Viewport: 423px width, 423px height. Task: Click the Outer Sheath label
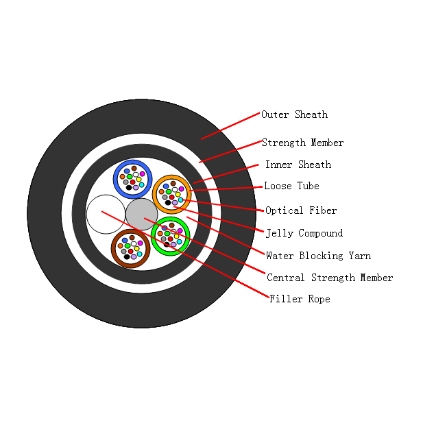pyautogui.click(x=295, y=114)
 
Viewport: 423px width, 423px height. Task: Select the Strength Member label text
pyautogui.click(x=303, y=143)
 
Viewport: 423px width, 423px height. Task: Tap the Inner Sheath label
pyautogui.click(x=298, y=165)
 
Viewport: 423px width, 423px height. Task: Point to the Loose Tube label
pyautogui.click(x=291, y=186)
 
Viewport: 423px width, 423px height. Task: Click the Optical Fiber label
pyautogui.click(x=301, y=210)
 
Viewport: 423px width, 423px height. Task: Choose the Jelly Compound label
pyautogui.click(x=304, y=233)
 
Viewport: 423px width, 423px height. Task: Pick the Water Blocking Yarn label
pyautogui.click(x=318, y=256)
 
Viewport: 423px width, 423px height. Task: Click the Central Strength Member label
pyautogui.click(x=330, y=278)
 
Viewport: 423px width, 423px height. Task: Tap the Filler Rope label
pyautogui.click(x=300, y=299)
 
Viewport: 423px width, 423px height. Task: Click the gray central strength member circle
pyautogui.click(x=142, y=214)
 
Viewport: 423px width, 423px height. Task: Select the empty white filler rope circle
pyautogui.click(x=106, y=214)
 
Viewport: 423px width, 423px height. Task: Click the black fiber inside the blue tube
pyautogui.click(x=129, y=187)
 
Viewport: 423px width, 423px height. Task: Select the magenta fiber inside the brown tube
pyautogui.click(x=141, y=243)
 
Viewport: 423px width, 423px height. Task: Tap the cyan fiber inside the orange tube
pyautogui.click(x=180, y=200)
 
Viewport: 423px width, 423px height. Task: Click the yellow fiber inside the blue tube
pyautogui.click(x=139, y=180)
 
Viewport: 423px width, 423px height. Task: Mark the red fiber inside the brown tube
pyautogui.click(x=130, y=251)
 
